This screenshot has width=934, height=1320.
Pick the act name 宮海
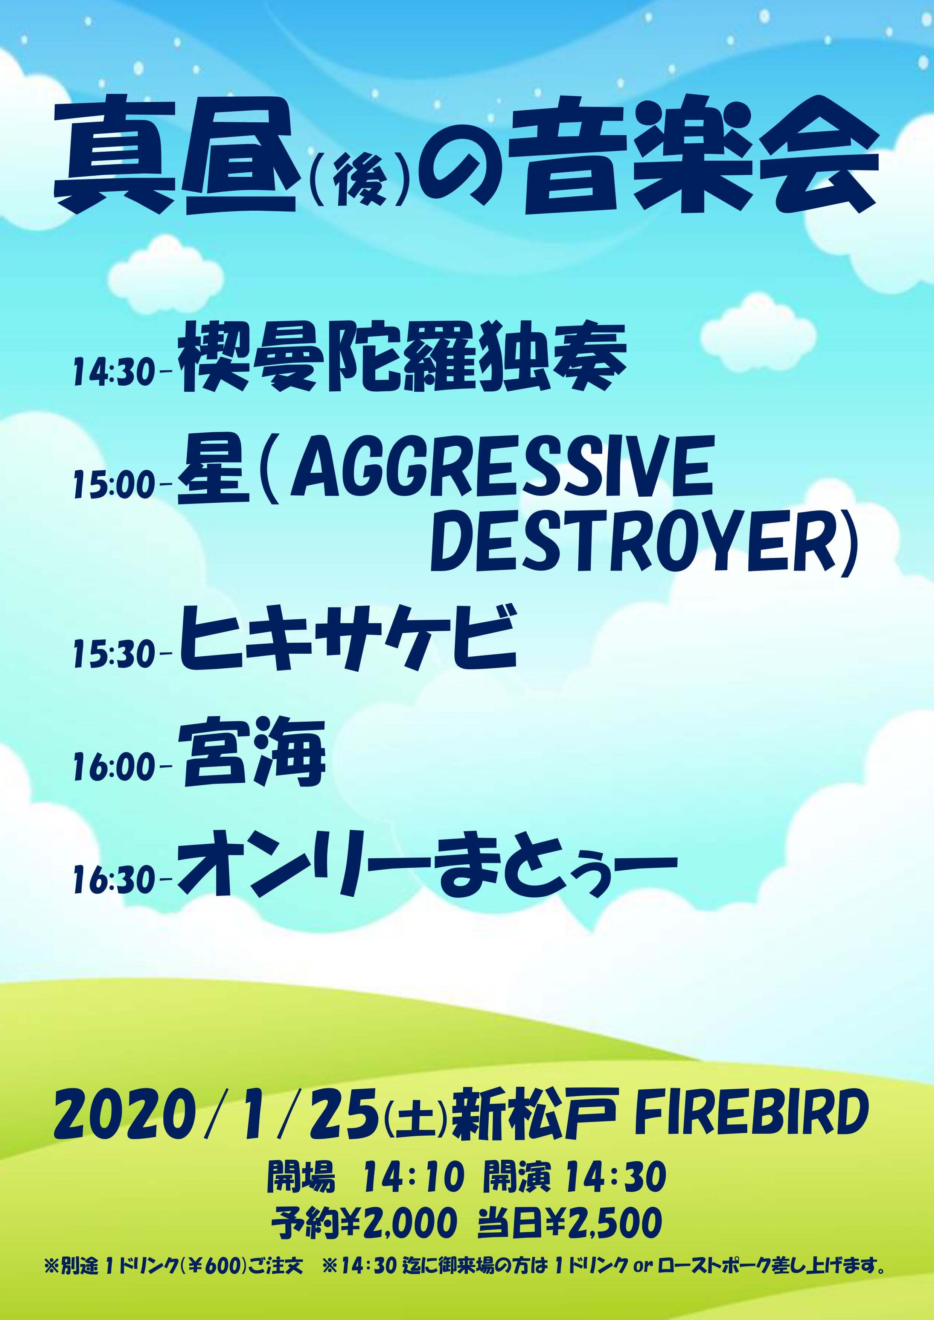click(x=253, y=754)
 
